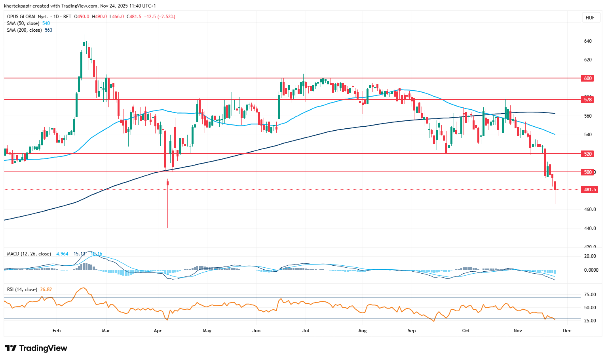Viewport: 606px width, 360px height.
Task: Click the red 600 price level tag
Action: (x=588, y=78)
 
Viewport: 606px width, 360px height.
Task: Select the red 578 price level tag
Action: (x=588, y=99)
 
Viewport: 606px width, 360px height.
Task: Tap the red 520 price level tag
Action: (x=588, y=154)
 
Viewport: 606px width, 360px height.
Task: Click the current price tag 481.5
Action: (x=590, y=190)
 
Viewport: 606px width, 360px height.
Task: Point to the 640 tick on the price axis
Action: (x=588, y=41)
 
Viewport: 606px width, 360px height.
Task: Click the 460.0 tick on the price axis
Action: (x=590, y=210)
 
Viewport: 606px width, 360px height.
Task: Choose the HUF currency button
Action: (x=590, y=18)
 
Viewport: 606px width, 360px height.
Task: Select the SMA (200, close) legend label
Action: (x=24, y=30)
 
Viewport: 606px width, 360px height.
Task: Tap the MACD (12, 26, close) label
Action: (x=29, y=254)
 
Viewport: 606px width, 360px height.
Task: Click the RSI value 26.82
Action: (x=46, y=290)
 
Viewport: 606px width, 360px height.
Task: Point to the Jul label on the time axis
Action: (x=305, y=331)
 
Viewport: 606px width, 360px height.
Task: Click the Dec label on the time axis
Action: (x=567, y=331)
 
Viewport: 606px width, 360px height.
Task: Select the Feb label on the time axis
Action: (x=57, y=331)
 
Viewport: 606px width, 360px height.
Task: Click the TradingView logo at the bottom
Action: (x=36, y=348)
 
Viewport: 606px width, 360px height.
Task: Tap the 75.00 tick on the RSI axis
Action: (x=590, y=295)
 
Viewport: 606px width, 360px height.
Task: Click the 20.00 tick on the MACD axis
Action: (x=590, y=256)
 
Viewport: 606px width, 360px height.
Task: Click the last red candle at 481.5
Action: (x=555, y=186)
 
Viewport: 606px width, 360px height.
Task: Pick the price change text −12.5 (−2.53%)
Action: (x=160, y=17)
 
